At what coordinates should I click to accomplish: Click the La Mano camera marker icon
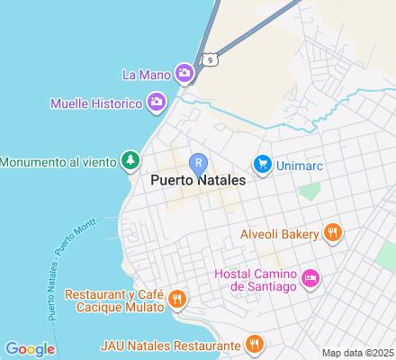coord(184,72)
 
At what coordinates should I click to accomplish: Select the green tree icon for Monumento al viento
coord(131,161)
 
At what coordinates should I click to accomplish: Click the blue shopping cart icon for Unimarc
coord(263,163)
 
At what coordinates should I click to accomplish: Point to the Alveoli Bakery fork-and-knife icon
coord(332,233)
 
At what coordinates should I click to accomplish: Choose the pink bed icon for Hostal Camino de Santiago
coord(309,278)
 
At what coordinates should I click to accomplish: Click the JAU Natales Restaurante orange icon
coord(256,344)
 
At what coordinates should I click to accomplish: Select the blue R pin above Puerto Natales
coord(199,163)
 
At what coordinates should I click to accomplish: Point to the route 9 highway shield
coord(210,59)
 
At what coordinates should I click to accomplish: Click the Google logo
coord(30,349)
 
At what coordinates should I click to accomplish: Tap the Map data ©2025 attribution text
coord(358,353)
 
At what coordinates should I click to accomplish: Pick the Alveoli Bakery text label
coord(279,234)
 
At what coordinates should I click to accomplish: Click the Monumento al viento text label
coord(58,162)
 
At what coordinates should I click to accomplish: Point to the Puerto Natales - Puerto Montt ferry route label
coord(56,270)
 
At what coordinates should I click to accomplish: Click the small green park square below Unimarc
coord(310,191)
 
